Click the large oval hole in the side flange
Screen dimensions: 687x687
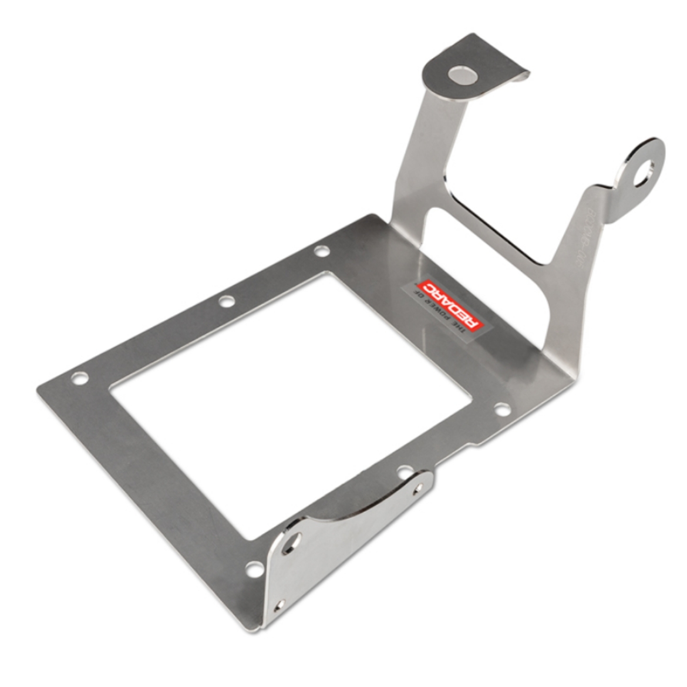[x=292, y=543]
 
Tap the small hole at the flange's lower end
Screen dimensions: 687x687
[x=281, y=605]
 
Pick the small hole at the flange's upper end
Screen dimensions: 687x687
[x=418, y=489]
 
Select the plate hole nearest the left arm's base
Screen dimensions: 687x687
[x=321, y=251]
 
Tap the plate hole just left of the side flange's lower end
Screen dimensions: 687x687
[x=254, y=568]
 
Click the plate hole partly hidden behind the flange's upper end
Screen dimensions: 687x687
[x=404, y=472]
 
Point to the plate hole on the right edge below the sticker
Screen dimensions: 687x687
[x=501, y=409]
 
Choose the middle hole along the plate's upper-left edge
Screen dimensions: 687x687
[x=227, y=301]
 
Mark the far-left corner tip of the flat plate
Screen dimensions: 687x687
[x=39, y=389]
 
